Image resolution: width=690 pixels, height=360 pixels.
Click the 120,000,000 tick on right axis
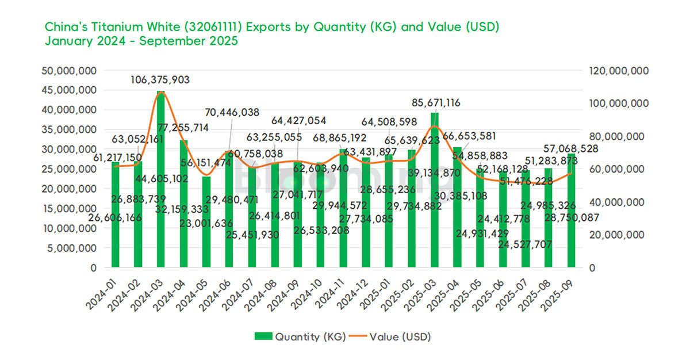(x=618, y=71)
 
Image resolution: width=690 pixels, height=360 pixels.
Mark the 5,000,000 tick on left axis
(x=74, y=248)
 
